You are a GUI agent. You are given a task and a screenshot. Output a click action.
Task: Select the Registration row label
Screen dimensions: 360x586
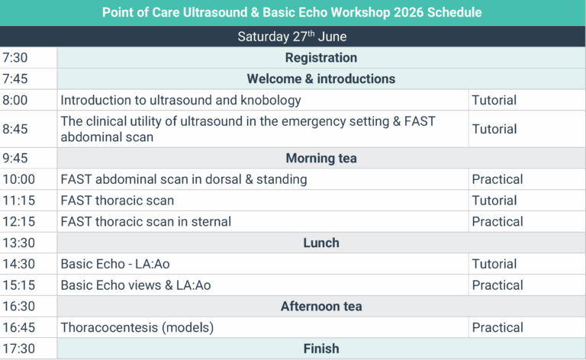[x=320, y=58]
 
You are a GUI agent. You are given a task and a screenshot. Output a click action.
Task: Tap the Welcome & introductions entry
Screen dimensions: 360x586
[x=320, y=79]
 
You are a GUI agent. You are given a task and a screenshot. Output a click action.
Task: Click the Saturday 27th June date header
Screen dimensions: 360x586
[x=293, y=37]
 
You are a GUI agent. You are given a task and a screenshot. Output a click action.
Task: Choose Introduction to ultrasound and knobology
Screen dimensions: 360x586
[x=181, y=101]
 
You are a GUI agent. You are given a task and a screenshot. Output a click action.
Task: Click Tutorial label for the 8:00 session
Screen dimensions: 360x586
[x=494, y=101]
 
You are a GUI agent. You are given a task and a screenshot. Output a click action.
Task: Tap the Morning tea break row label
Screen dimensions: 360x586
[x=320, y=159]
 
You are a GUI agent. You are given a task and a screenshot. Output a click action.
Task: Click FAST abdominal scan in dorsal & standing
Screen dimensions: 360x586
[x=184, y=180]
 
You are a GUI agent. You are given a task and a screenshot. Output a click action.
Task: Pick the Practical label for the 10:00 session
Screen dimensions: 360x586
[x=497, y=180]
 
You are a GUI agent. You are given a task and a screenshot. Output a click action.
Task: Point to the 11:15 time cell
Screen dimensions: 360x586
[x=18, y=201]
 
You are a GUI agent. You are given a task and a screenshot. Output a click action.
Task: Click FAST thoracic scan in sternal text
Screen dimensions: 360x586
[x=146, y=222]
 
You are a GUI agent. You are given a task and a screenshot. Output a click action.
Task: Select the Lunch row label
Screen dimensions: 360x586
[x=320, y=243]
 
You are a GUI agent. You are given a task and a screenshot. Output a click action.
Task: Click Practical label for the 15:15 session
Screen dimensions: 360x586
[x=497, y=285]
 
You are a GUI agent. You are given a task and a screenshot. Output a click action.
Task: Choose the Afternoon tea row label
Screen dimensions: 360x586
[x=320, y=307]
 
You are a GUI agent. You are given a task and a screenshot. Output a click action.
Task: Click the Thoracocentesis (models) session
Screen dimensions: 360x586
[x=137, y=328]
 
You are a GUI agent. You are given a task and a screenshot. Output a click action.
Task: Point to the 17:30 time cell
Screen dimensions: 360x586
[x=18, y=349]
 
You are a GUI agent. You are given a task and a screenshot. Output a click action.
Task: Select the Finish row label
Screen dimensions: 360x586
[x=320, y=349]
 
